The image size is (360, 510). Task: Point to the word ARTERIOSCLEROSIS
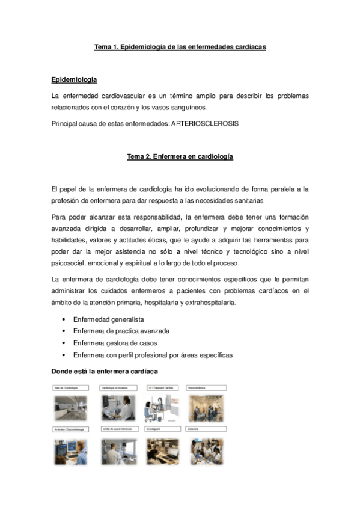(x=205, y=123)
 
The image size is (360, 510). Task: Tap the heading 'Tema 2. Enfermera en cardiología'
(x=180, y=157)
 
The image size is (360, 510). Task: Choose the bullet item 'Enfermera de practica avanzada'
(x=121, y=331)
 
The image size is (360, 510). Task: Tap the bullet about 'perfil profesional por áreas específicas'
(x=153, y=355)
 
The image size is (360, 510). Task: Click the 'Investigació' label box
(x=162, y=429)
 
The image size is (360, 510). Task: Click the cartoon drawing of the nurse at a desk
(x=162, y=408)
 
